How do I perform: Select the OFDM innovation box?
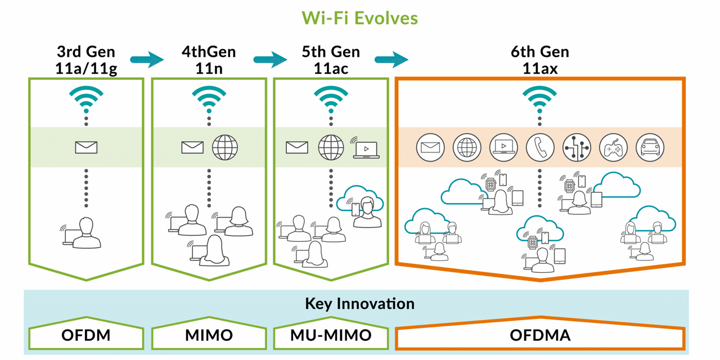tap(86, 336)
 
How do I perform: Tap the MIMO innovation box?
tap(209, 336)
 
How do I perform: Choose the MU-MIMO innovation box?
tap(331, 336)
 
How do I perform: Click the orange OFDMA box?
tap(540, 336)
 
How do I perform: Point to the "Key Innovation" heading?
tap(359, 304)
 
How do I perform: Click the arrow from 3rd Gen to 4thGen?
tap(146, 59)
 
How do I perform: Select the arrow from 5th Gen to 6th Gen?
tap(391, 59)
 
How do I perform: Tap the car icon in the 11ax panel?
tap(650, 147)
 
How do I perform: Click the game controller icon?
tap(613, 147)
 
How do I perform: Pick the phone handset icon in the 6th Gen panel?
tap(540, 147)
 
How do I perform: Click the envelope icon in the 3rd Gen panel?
tap(86, 147)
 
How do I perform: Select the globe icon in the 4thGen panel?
tap(225, 147)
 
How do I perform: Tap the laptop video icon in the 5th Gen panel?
tap(366, 149)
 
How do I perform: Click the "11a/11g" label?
tap(86, 69)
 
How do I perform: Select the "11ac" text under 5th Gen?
tap(331, 69)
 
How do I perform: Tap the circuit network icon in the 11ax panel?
tap(577, 147)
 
